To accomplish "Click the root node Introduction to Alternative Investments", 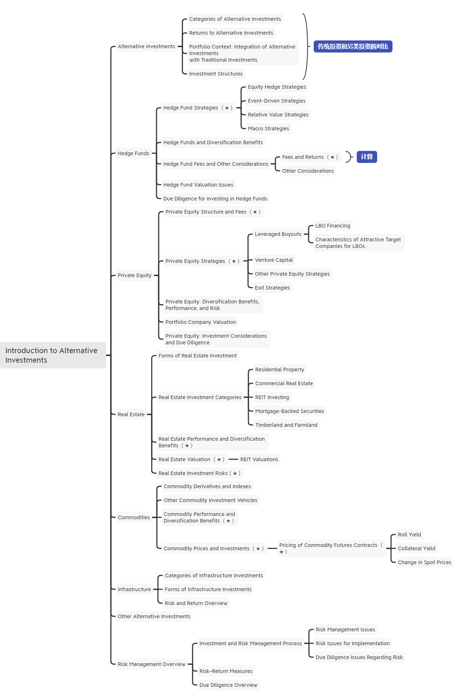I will [53, 355].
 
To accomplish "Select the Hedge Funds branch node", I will [134, 153].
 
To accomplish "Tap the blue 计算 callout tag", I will [367, 157].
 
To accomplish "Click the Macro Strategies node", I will [268, 129].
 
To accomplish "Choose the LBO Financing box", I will [333, 226].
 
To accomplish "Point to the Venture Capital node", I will [274, 260].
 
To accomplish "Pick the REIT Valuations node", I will [259, 459].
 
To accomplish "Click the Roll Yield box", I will [409, 535].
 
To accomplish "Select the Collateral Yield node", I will [417, 548].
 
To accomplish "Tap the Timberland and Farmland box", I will [286, 425].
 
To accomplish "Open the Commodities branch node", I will [134, 517].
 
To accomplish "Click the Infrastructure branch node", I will [134, 589].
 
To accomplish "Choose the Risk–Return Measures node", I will [226, 671].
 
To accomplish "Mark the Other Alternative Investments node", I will [154, 616].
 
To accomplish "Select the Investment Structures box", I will [216, 74].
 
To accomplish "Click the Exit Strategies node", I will [272, 288].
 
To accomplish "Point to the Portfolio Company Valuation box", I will [201, 322].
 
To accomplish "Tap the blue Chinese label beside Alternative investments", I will [353, 46].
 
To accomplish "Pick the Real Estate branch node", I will [131, 414].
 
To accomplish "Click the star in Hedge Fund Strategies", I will [227, 108].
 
